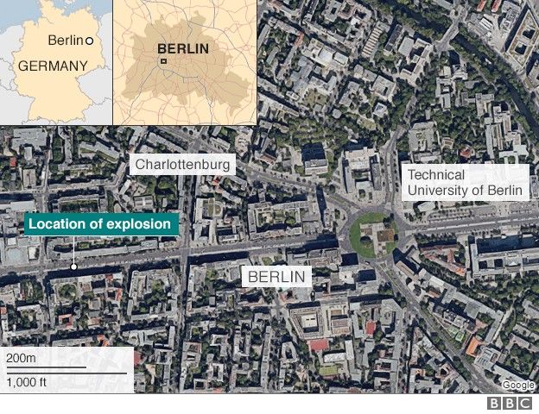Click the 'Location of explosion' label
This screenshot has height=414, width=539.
click(x=102, y=225)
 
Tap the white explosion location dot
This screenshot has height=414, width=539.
click(x=74, y=267)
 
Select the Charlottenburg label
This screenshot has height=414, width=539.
click(x=182, y=164)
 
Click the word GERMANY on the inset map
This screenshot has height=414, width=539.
click(x=53, y=66)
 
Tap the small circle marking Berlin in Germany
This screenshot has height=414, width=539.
click(x=90, y=41)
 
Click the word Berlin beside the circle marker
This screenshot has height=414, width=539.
click(x=66, y=41)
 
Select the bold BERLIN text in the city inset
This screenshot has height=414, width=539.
click(x=182, y=48)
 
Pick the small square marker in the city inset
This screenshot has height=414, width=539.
click(x=162, y=61)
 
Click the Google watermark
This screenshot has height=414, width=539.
click(x=517, y=385)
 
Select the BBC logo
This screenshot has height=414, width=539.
click(x=510, y=404)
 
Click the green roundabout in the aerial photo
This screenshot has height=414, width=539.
click(x=373, y=233)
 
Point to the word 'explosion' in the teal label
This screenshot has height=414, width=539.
click(x=142, y=225)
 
